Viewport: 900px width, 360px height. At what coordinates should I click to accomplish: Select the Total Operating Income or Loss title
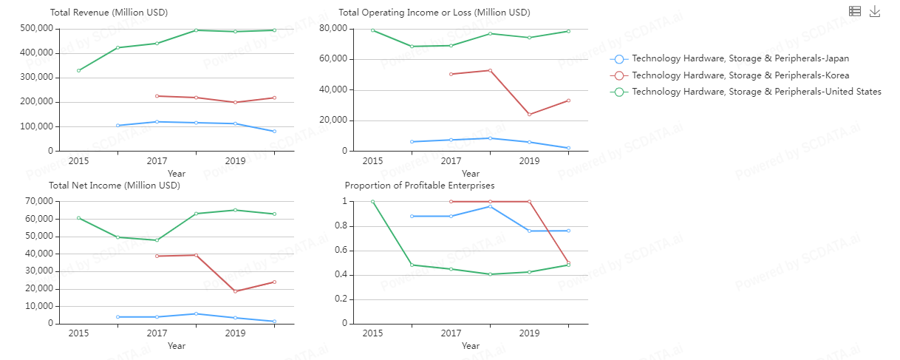434,13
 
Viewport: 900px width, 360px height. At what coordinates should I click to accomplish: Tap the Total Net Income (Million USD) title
115,186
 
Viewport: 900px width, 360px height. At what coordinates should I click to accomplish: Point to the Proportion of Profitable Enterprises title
420,186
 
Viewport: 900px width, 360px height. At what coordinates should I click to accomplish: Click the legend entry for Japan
740,58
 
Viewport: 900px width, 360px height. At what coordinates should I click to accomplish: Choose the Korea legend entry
740,75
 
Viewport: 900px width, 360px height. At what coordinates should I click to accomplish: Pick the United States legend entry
757,92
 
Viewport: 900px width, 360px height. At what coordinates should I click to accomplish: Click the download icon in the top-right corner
875,11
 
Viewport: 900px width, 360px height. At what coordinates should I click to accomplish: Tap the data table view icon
855,11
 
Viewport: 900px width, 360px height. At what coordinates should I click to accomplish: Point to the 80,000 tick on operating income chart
333,28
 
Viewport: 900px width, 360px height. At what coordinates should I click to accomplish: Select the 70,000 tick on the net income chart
39,201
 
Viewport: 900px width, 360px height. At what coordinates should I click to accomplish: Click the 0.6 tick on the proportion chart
341,251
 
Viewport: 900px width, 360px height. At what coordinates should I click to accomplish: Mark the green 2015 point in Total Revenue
78,70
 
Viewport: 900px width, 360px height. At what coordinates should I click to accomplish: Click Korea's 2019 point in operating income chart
529,115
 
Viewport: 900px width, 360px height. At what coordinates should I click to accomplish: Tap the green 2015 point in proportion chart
372,201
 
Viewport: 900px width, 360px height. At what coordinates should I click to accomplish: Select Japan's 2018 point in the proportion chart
490,206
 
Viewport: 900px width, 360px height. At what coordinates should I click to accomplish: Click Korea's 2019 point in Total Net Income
235,291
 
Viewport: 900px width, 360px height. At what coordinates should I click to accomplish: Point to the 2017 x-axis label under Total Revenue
157,161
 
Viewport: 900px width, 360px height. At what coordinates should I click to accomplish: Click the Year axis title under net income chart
176,346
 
